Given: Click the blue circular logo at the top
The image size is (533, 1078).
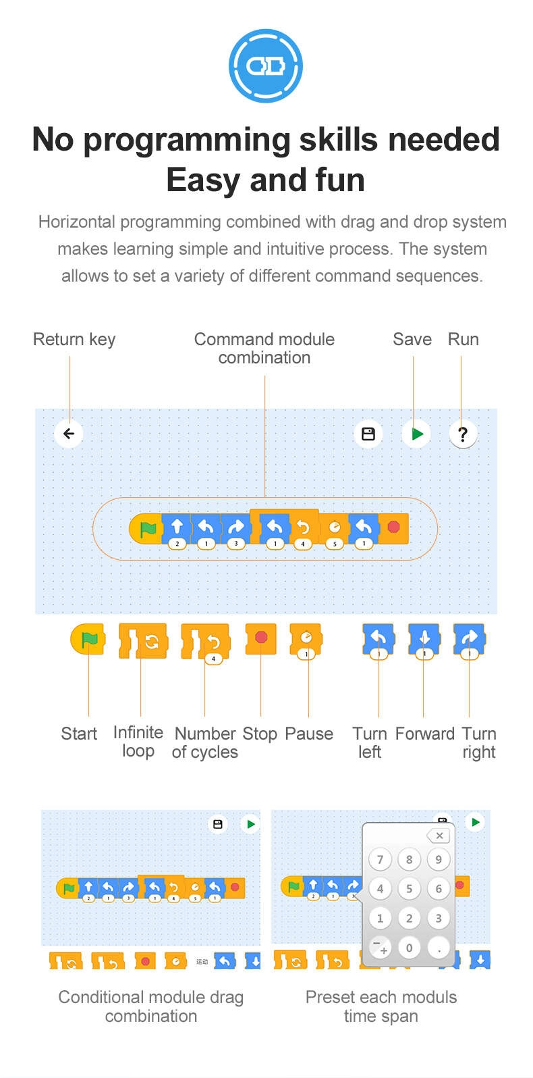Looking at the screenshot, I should [266, 66].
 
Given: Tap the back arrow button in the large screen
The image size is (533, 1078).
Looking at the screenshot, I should [69, 434].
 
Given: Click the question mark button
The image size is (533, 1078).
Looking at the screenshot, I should [463, 434].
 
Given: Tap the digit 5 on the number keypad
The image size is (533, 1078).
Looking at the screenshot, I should [409, 889].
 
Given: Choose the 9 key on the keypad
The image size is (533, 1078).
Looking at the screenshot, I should [439, 860].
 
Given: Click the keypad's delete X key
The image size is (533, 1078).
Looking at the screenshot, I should [439, 836].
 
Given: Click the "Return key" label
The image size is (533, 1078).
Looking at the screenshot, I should [74, 339].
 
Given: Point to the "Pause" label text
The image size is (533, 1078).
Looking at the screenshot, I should [309, 734].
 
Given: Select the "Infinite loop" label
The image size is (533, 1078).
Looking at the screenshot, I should [138, 742].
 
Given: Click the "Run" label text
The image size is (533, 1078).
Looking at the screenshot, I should [464, 339].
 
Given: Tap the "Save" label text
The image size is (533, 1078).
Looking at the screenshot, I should [412, 339].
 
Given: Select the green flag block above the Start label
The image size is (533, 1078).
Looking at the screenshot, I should [88, 639].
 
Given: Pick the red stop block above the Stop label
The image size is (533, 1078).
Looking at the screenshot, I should [261, 638].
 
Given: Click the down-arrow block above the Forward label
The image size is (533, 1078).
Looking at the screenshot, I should [424, 638].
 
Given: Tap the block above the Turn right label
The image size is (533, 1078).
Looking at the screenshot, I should [470, 638].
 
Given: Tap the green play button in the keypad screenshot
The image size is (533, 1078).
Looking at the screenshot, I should [476, 822].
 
